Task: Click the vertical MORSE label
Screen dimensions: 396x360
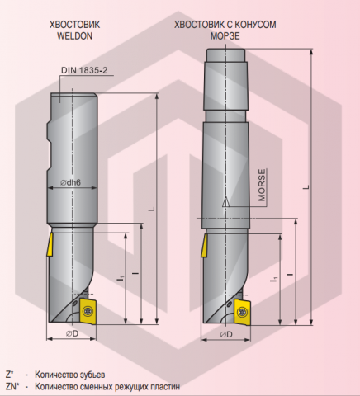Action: [261, 186]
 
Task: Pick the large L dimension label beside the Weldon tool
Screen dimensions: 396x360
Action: [151, 209]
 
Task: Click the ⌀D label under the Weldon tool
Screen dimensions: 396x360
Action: [72, 334]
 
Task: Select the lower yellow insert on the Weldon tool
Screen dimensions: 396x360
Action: [87, 310]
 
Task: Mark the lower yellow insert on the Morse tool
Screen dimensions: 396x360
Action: [241, 311]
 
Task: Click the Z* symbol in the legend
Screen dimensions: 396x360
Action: [10, 374]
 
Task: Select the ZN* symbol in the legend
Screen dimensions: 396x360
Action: [12, 385]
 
